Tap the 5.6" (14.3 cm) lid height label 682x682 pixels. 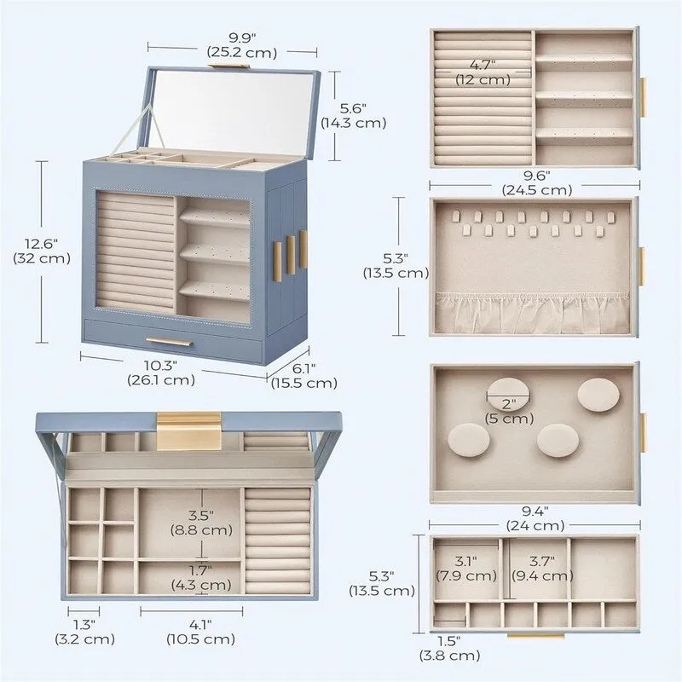pos(353,115)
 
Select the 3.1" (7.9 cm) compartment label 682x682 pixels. pos(465,569)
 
